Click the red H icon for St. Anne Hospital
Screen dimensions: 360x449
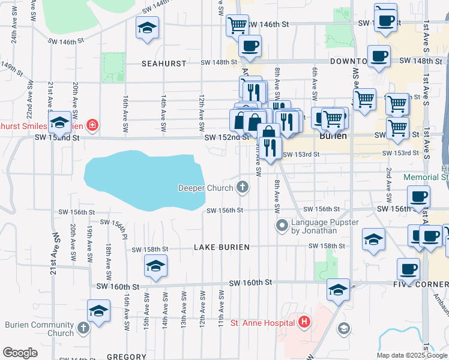(305, 323)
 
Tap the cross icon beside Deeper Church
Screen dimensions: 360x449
(243, 188)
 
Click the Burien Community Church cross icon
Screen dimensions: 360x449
(83, 328)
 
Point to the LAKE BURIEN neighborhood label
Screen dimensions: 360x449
(221, 247)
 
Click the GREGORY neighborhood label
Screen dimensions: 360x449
(127, 356)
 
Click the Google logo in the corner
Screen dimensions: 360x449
(20, 353)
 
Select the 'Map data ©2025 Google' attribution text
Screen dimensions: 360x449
(411, 355)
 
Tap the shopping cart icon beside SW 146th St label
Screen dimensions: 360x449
(237, 25)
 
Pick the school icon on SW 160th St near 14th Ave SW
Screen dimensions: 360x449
(155, 265)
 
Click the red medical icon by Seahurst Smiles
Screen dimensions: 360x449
(92, 125)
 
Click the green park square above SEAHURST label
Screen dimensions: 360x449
(113, 67)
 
